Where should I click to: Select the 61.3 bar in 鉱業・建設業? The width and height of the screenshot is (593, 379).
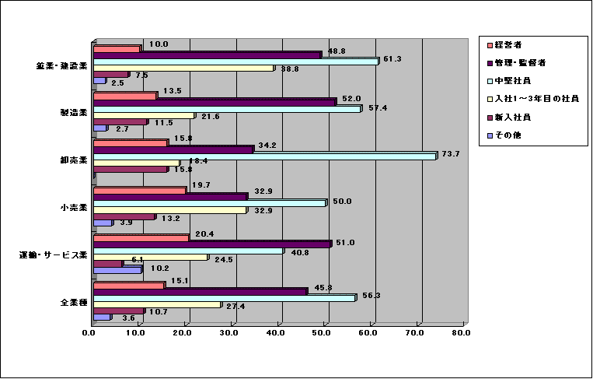[235, 61]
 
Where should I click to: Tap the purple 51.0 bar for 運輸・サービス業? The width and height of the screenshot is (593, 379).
[212, 244]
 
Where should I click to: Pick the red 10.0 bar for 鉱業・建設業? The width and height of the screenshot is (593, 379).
[117, 50]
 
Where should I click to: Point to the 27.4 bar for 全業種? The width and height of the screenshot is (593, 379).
[157, 306]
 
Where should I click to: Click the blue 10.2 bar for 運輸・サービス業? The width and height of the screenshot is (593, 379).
[117, 270]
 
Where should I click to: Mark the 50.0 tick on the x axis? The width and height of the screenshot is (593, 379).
[322, 333]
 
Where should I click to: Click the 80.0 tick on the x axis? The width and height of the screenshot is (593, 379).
[462, 333]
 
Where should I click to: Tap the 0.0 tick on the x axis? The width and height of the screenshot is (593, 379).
[89, 333]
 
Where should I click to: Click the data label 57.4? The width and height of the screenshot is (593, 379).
[377, 107]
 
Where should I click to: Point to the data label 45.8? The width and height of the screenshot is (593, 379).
[324, 288]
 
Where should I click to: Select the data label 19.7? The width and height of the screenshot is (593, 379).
[202, 184]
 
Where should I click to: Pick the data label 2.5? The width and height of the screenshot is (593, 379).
[117, 82]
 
